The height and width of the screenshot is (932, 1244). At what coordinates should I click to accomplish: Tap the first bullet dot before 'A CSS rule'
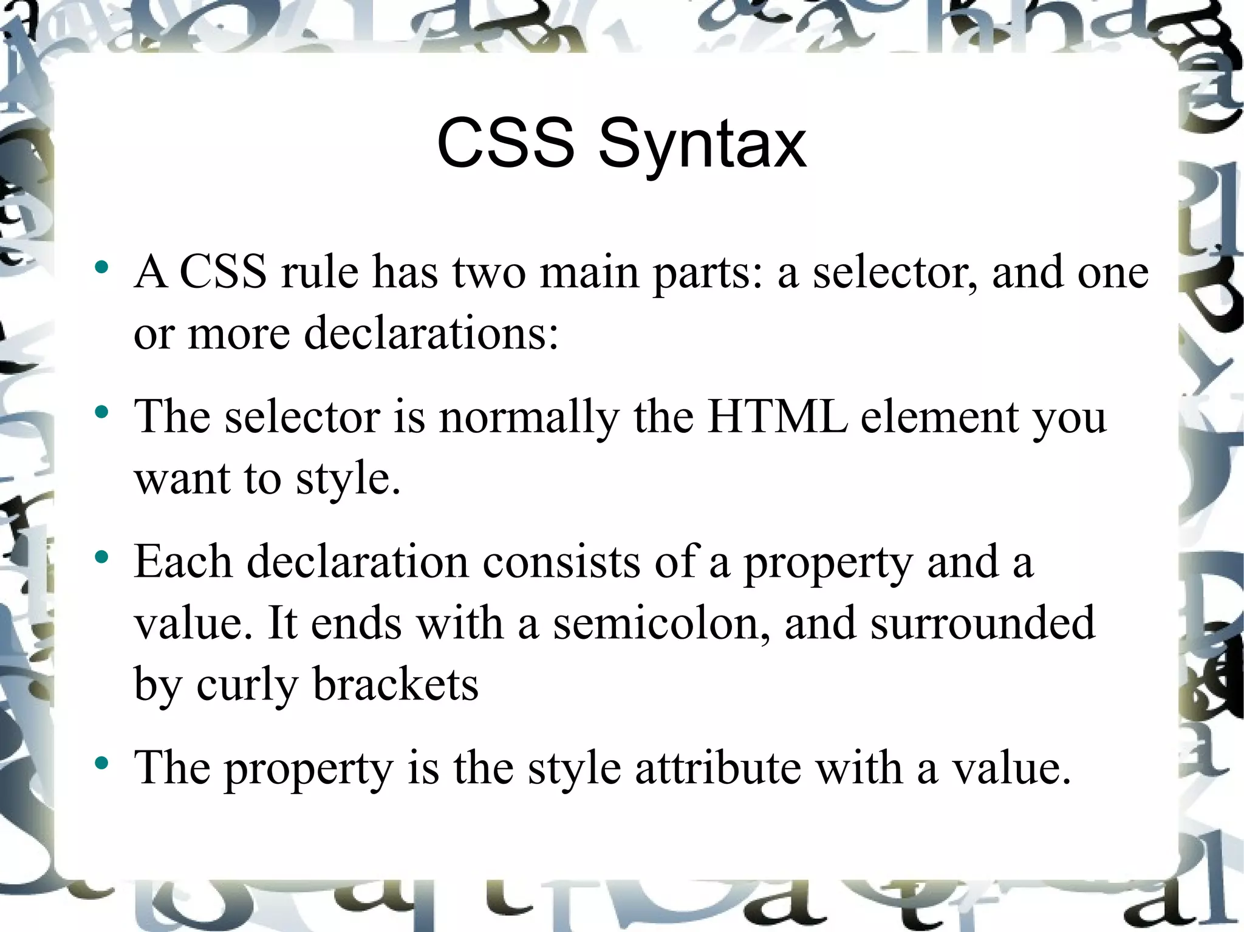101,267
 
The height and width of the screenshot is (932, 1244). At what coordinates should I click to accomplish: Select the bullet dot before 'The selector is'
101,413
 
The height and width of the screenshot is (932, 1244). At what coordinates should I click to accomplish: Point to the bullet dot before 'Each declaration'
101,557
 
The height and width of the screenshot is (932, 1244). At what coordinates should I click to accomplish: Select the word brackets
395,685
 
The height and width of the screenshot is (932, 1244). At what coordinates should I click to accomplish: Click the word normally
528,419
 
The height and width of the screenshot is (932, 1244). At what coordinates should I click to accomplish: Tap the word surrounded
982,623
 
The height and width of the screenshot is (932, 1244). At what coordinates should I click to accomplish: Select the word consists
561,562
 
